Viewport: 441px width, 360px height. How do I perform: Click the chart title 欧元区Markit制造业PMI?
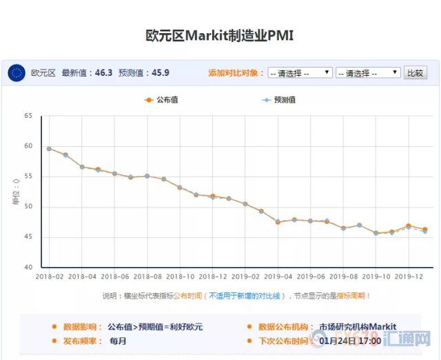[220, 35]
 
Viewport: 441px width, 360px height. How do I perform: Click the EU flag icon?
[17, 72]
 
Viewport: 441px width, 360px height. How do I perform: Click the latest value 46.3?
[101, 72]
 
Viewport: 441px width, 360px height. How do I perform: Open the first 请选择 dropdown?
[300, 72]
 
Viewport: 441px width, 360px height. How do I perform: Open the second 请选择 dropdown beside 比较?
[367, 72]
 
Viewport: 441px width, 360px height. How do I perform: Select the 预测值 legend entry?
[278, 100]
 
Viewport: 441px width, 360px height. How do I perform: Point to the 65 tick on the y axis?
[28, 116]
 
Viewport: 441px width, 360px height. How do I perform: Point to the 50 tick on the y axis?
[28, 207]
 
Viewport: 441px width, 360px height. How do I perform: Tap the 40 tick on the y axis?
[28, 268]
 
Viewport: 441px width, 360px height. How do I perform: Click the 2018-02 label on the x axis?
[50, 276]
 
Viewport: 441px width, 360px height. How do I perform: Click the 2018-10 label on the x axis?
[180, 276]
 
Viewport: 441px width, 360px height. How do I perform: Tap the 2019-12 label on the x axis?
[409, 276]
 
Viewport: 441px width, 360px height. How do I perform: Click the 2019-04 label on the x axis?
[278, 276]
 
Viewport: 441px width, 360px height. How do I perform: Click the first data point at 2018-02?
[49, 148]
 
